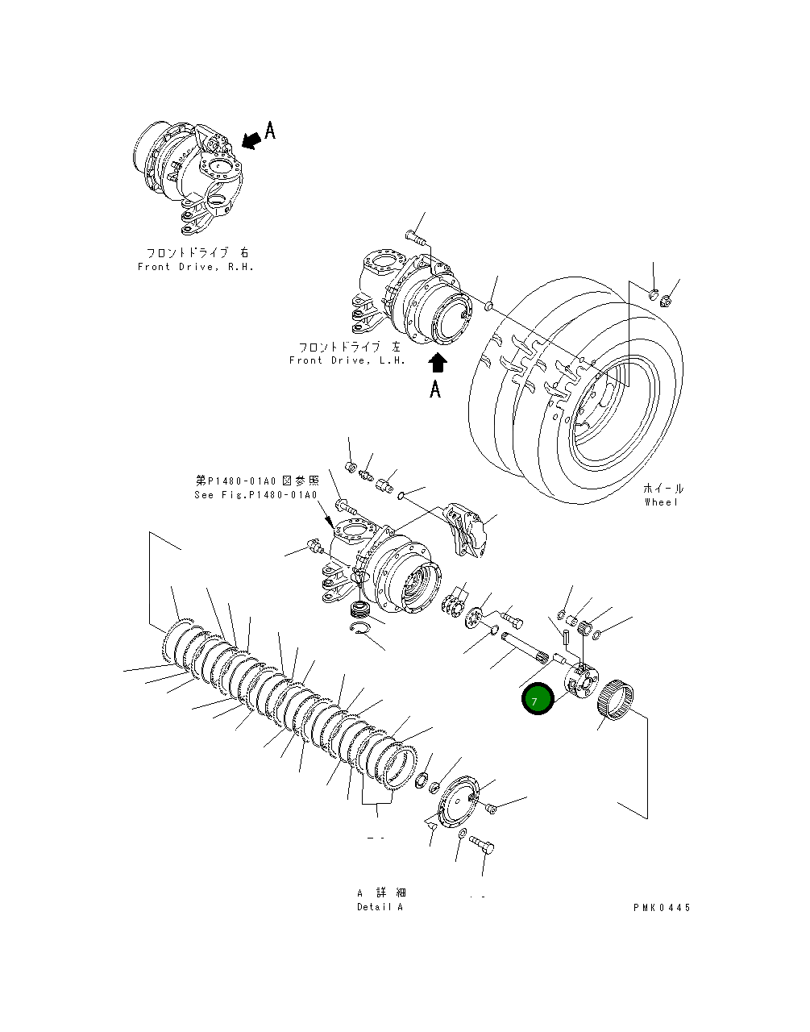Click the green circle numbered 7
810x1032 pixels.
(x=537, y=699)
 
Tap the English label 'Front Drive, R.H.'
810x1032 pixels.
(x=196, y=267)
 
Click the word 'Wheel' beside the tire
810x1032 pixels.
(x=662, y=502)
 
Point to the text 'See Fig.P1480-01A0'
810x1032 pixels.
(x=255, y=495)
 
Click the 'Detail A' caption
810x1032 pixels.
(x=380, y=907)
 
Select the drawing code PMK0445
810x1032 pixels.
(x=662, y=907)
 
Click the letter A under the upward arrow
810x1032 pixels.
(x=435, y=389)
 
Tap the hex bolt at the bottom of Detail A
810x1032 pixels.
(x=482, y=846)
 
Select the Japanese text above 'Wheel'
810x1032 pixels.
(x=663, y=489)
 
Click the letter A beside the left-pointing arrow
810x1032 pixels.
(x=271, y=131)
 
